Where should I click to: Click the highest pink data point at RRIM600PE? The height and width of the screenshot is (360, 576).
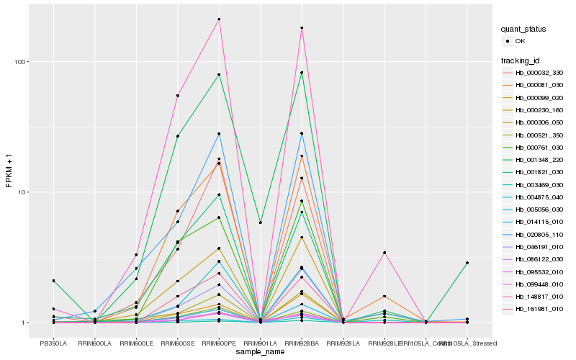coord(219,19)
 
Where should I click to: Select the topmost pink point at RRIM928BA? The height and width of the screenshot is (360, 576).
coord(302,28)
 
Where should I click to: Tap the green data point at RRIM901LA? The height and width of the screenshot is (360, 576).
coord(261,223)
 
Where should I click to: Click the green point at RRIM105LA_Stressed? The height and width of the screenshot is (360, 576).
coord(467,263)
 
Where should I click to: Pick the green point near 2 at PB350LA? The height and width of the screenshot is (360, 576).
coord(53,281)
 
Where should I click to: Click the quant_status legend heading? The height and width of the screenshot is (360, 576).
coord(524,30)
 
